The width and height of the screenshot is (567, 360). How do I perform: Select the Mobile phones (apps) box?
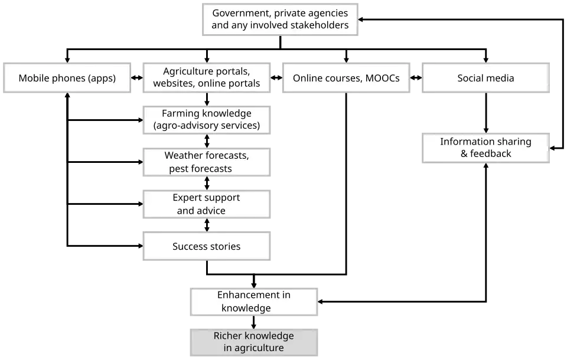point(67,78)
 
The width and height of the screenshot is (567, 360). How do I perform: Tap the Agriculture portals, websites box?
point(207,78)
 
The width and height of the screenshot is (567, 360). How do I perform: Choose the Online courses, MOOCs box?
point(346,78)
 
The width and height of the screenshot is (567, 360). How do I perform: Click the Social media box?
point(486,78)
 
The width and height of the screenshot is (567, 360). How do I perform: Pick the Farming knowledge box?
point(207,119)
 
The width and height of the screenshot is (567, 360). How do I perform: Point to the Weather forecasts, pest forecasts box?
point(207,162)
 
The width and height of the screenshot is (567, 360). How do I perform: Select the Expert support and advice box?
point(207,204)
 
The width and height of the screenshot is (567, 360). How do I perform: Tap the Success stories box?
point(207,247)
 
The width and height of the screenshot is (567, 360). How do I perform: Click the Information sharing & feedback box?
point(486,148)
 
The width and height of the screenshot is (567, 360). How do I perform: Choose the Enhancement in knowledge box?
point(255,301)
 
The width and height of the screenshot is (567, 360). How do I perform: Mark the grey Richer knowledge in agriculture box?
point(255,342)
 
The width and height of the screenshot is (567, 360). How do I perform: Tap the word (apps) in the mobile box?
point(102,78)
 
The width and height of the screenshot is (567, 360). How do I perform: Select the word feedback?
point(491,154)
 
